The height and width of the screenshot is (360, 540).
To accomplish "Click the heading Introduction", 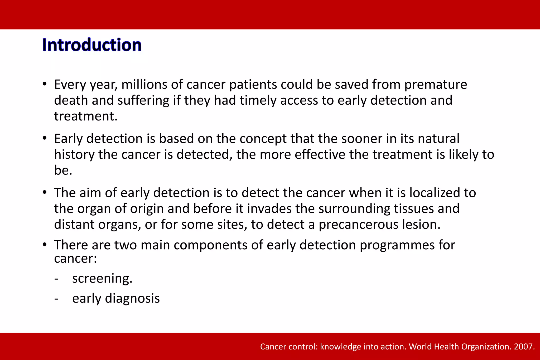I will point(92,45).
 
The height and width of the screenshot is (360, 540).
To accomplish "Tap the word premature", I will point(436,85).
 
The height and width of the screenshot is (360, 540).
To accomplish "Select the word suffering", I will point(143,101).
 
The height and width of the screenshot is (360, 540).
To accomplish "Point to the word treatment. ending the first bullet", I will point(86,116).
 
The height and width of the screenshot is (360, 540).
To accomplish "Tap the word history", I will point(74,155).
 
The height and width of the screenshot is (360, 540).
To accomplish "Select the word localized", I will point(435,193).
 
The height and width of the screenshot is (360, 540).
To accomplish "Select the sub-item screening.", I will point(102,279).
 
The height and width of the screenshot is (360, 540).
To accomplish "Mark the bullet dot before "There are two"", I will point(45,244).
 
